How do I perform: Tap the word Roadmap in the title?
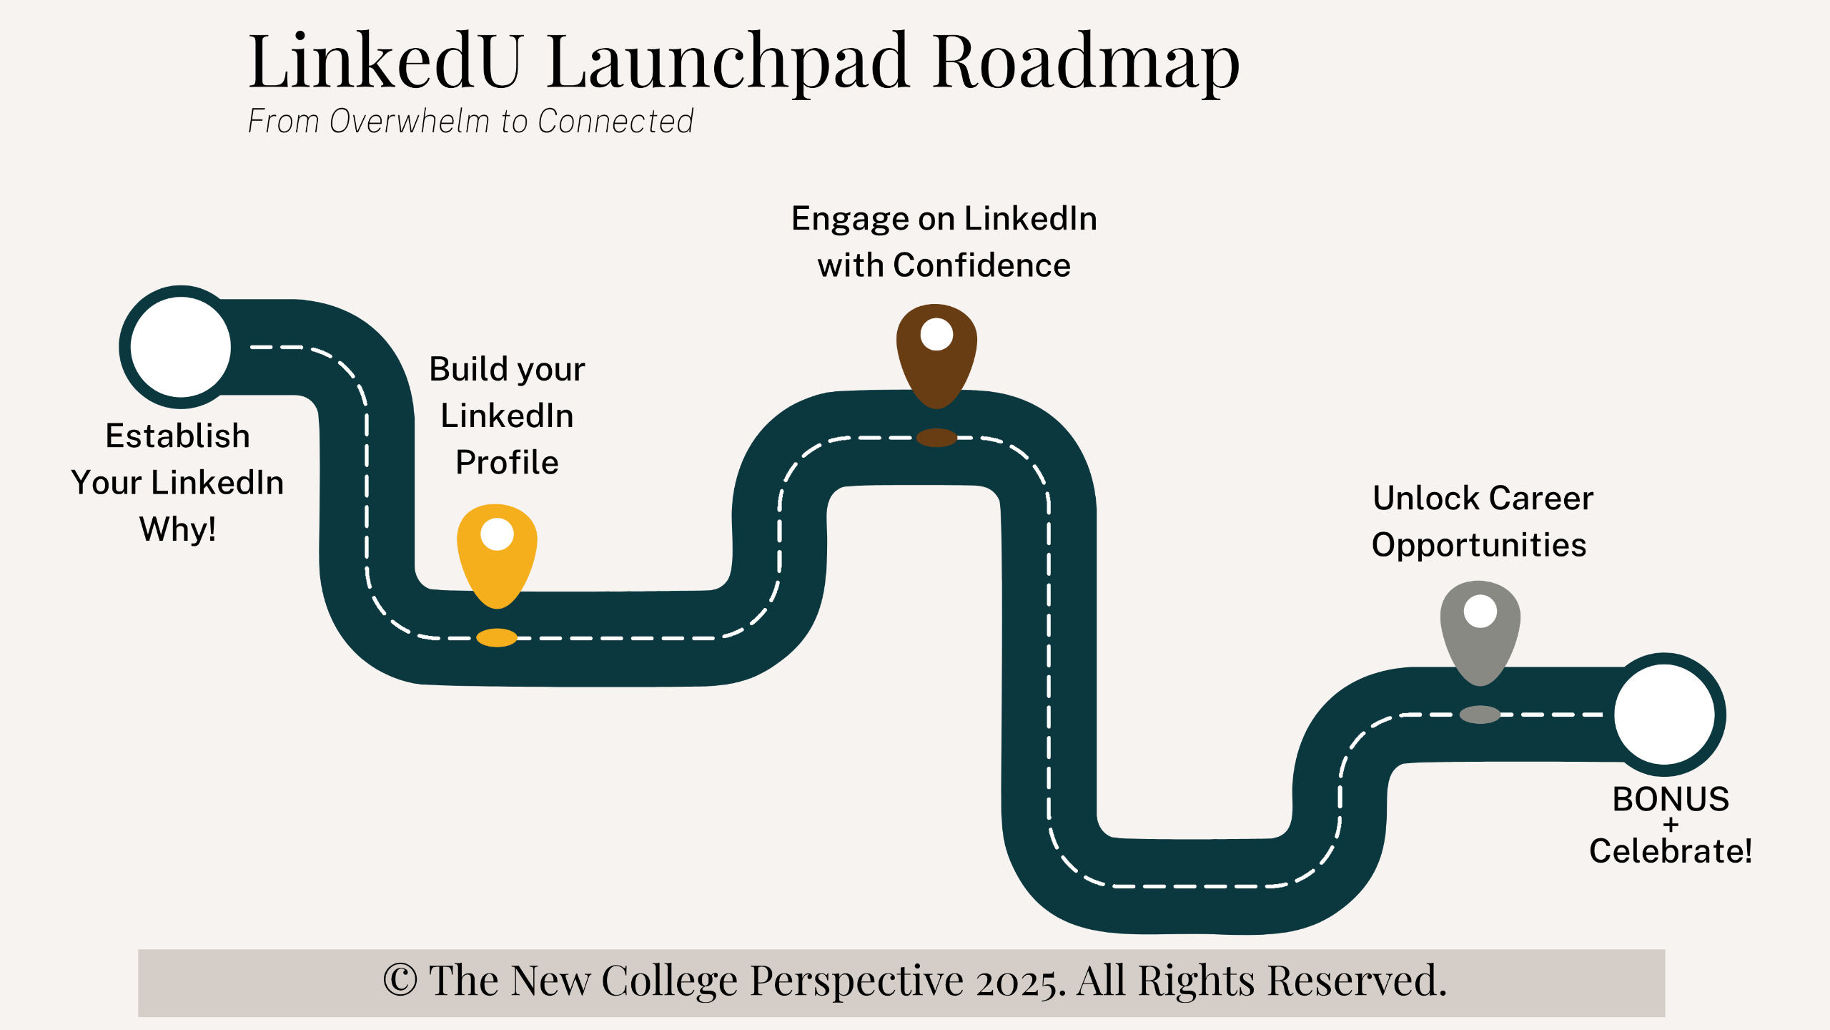tap(1086, 63)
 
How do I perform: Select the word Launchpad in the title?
tap(728, 63)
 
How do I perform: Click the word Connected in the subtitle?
tap(615, 122)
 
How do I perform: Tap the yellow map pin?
tap(497, 551)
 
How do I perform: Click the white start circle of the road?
tap(181, 347)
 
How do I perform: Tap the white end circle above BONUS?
tap(1664, 714)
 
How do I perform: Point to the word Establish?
tap(177, 436)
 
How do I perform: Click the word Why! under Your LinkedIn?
tap(177, 529)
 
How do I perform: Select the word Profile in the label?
tap(507, 462)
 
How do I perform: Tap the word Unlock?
tap(1425, 498)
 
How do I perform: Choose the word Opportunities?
tap(1478, 545)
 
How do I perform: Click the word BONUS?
tap(1671, 799)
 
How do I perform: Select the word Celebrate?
tap(1671, 851)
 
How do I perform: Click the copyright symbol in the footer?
tap(400, 980)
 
